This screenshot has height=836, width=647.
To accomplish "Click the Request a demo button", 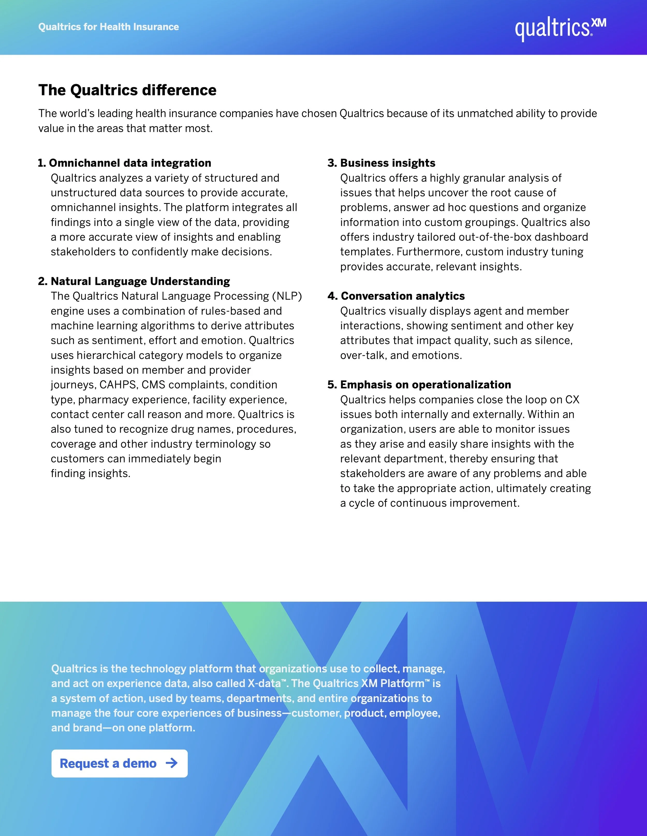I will pyautogui.click(x=119, y=763).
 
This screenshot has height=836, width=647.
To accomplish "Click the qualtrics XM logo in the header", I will pyautogui.click(x=560, y=28).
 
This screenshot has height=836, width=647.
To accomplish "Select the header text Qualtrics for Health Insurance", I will pyautogui.click(x=108, y=27).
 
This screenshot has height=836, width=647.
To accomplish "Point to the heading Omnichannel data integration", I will pyautogui.click(x=130, y=163).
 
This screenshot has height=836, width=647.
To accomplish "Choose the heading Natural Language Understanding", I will pyautogui.click(x=140, y=281).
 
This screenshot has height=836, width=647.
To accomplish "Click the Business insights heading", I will pyautogui.click(x=387, y=163).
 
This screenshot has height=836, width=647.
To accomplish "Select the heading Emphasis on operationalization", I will pyautogui.click(x=425, y=385).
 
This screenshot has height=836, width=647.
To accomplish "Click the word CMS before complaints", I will pyautogui.click(x=153, y=385).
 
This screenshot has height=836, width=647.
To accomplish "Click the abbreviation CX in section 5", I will pyautogui.click(x=572, y=400).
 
